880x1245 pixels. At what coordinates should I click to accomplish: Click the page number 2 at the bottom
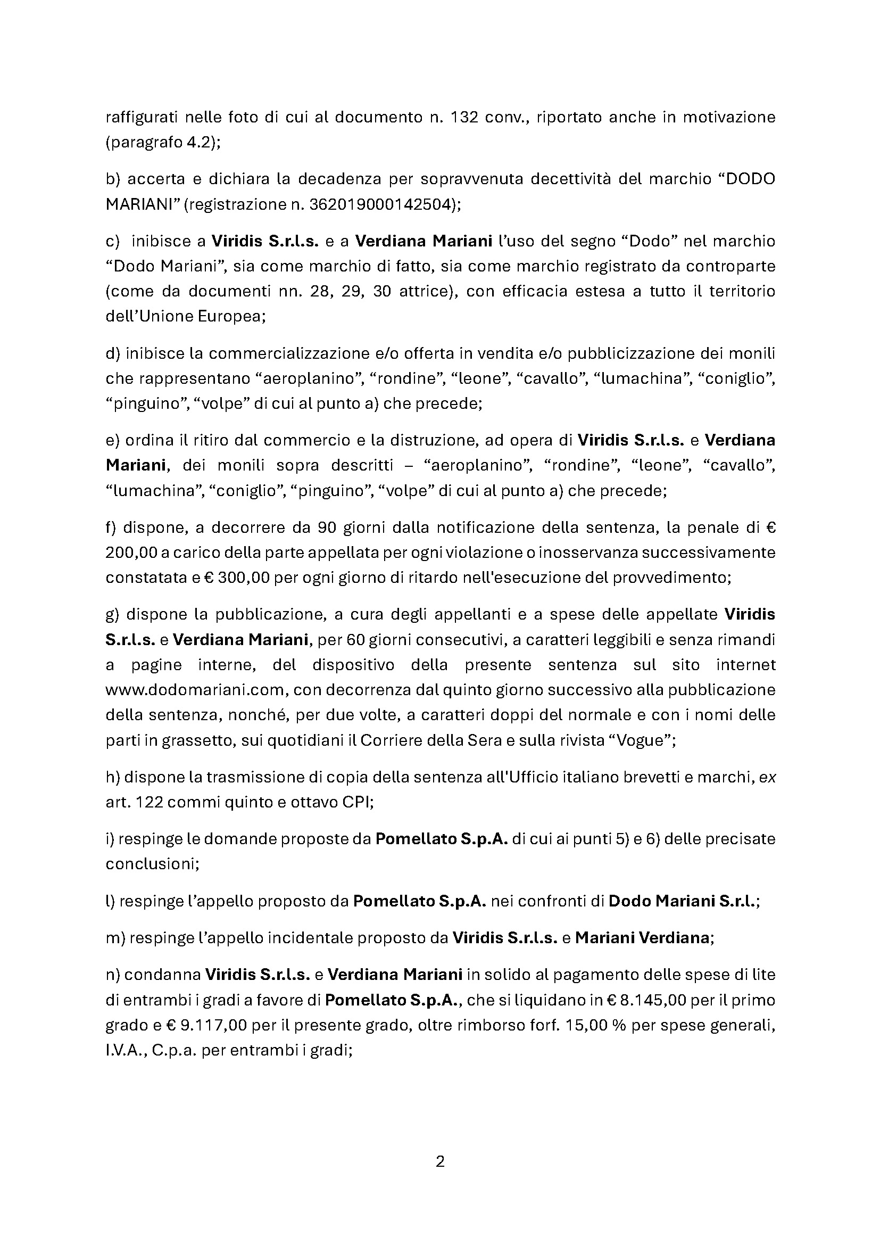point(440,1161)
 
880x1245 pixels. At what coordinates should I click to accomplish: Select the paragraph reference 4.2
point(198,143)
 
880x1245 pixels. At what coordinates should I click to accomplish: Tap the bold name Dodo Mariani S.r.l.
point(682,901)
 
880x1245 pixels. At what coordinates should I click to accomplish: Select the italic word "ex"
point(767,777)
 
